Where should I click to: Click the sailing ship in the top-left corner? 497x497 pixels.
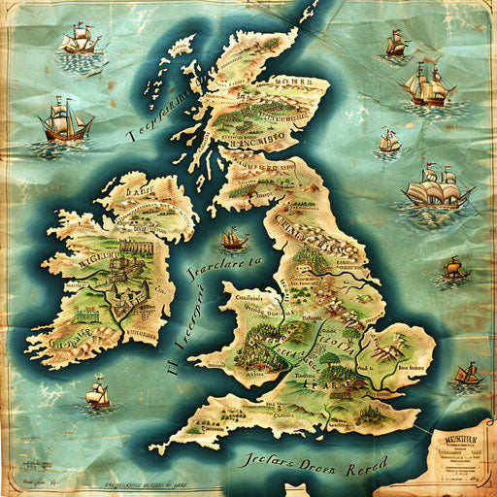click(x=81, y=41)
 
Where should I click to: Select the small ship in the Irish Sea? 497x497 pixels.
click(x=233, y=238)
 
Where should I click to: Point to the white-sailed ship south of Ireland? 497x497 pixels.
click(x=97, y=393)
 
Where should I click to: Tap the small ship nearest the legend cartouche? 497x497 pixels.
click(x=468, y=373)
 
